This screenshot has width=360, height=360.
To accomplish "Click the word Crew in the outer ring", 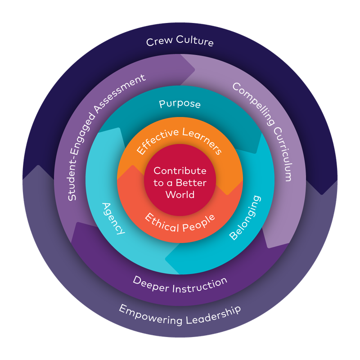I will click(x=158, y=42).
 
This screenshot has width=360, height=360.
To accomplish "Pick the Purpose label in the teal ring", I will click(x=180, y=104).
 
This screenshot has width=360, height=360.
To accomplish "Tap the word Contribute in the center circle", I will click(x=180, y=171).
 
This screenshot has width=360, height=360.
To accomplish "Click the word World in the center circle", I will click(x=180, y=194).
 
